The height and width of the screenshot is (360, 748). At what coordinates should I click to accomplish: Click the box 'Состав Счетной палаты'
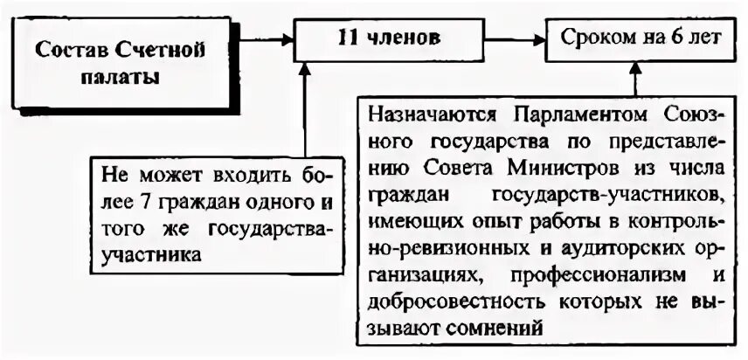coord(120,62)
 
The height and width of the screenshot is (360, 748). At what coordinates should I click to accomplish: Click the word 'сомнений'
coord(505,326)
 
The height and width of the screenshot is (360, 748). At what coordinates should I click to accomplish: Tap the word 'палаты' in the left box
coord(120,77)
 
